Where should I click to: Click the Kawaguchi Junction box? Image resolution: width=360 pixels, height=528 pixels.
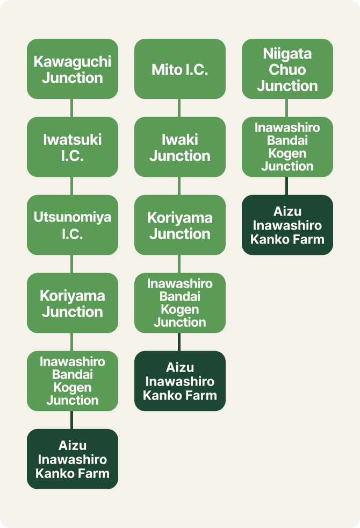[73, 69]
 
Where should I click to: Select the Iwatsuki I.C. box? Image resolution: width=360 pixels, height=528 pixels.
[73, 147]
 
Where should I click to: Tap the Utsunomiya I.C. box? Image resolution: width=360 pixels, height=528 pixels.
[73, 225]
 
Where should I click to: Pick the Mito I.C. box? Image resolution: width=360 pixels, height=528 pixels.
[180, 69]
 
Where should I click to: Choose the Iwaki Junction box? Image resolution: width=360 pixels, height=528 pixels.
[180, 147]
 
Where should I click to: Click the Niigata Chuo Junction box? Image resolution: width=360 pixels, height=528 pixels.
[287, 69]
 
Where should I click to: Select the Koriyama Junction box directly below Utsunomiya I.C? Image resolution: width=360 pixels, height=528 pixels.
[73, 303]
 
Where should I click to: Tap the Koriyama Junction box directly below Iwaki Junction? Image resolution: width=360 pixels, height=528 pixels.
[180, 225]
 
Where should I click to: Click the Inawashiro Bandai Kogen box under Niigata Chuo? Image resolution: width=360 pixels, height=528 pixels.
[287, 147]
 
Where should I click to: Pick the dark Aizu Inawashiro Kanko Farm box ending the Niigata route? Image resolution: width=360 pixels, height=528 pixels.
[287, 225]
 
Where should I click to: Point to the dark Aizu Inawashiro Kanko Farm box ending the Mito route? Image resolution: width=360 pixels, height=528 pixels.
[180, 381]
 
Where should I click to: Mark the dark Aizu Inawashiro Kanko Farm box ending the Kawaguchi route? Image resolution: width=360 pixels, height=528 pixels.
[73, 459]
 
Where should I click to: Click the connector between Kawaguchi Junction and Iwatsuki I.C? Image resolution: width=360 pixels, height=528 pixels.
[72, 108]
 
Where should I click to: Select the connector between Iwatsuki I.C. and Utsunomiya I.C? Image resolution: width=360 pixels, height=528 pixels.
[72, 185]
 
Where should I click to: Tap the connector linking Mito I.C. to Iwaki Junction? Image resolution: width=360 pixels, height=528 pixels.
[179, 108]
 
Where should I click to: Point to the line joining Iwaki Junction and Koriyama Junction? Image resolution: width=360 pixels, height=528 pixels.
[179, 185]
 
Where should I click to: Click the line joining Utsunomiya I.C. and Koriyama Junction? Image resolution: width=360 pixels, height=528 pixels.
[72, 263]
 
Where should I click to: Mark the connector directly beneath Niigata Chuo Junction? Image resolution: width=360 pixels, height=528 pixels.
[287, 108]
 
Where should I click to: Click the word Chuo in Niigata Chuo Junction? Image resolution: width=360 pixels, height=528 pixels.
[287, 69]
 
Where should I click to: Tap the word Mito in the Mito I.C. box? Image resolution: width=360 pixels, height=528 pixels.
[163, 69]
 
